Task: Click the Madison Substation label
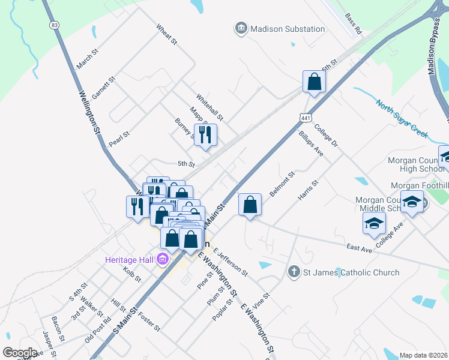point(288,28)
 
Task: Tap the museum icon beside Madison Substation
point(241,28)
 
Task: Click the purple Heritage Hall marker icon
point(161,260)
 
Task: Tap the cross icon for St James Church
point(294,272)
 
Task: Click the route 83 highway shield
point(55,25)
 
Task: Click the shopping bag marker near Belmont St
point(250,205)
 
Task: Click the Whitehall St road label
point(209,106)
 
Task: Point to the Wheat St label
point(166,35)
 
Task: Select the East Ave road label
point(359,247)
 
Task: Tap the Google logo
point(19,352)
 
